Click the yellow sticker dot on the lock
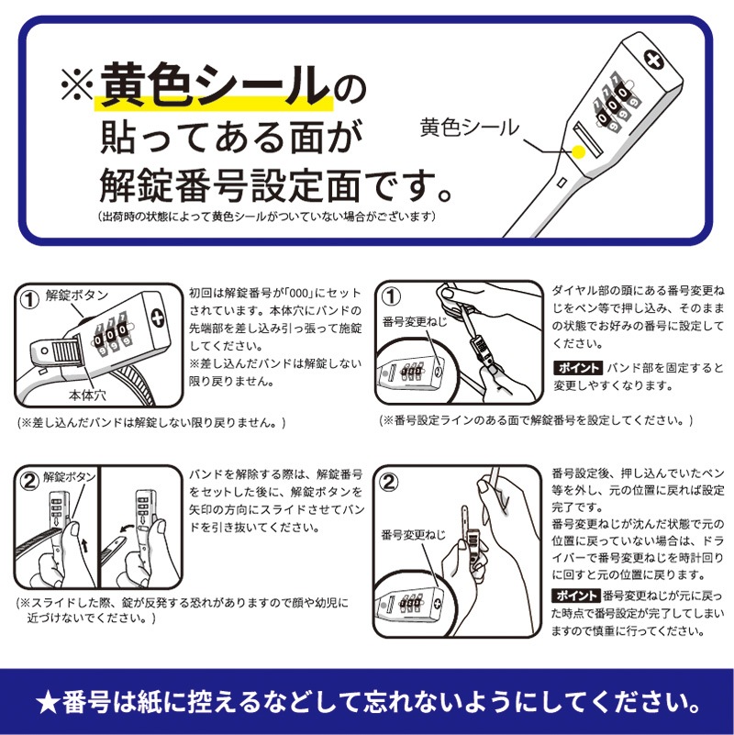point(579,152)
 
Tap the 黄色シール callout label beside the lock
point(470,128)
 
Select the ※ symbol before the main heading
point(78,84)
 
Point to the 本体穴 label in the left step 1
point(88,396)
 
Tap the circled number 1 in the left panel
point(30,299)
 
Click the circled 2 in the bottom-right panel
point(389,483)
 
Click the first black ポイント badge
point(578,368)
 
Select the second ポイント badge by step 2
point(575,596)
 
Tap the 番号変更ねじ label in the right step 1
point(415,321)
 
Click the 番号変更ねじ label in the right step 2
point(413,534)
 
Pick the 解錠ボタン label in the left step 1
point(77,295)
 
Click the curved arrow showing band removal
point(127,529)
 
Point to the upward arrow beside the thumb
point(83,546)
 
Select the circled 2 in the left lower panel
point(30,481)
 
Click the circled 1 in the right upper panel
point(392,296)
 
